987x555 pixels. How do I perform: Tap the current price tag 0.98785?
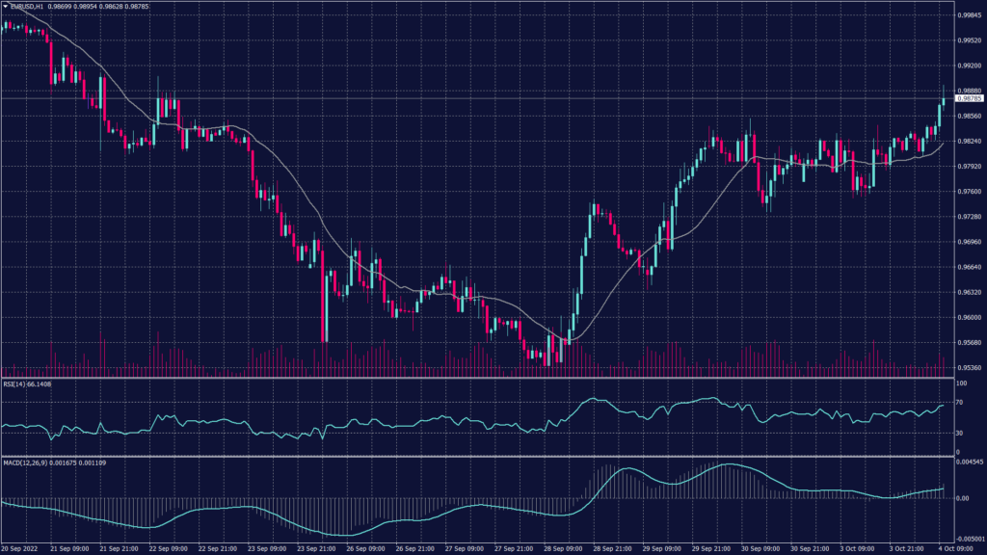point(969,98)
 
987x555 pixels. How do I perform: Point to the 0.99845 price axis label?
point(969,16)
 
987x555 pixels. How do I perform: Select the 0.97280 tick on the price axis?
point(969,217)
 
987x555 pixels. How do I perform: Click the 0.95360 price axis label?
point(969,368)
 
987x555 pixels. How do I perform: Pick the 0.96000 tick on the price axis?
point(969,318)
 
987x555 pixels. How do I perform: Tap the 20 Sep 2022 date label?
point(18,549)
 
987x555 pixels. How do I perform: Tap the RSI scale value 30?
point(958,433)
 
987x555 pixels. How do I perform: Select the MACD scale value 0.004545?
point(968,462)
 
